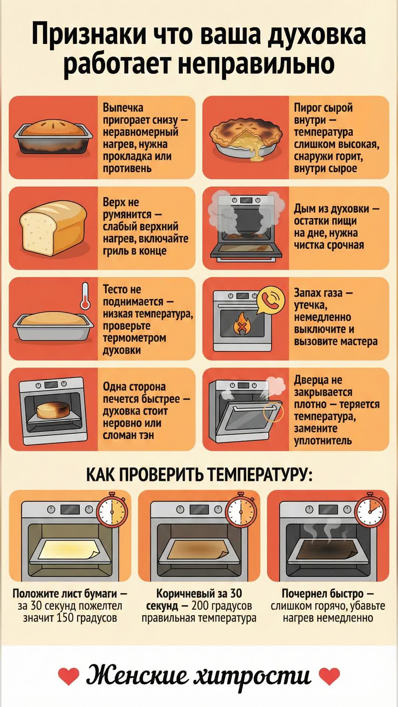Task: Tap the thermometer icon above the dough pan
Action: click(x=85, y=296)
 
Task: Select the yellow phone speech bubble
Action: click(x=270, y=300)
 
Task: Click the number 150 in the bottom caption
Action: click(x=66, y=618)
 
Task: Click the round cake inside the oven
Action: click(x=52, y=410)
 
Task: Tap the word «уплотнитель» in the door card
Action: click(x=323, y=440)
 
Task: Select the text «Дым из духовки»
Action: click(x=332, y=209)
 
